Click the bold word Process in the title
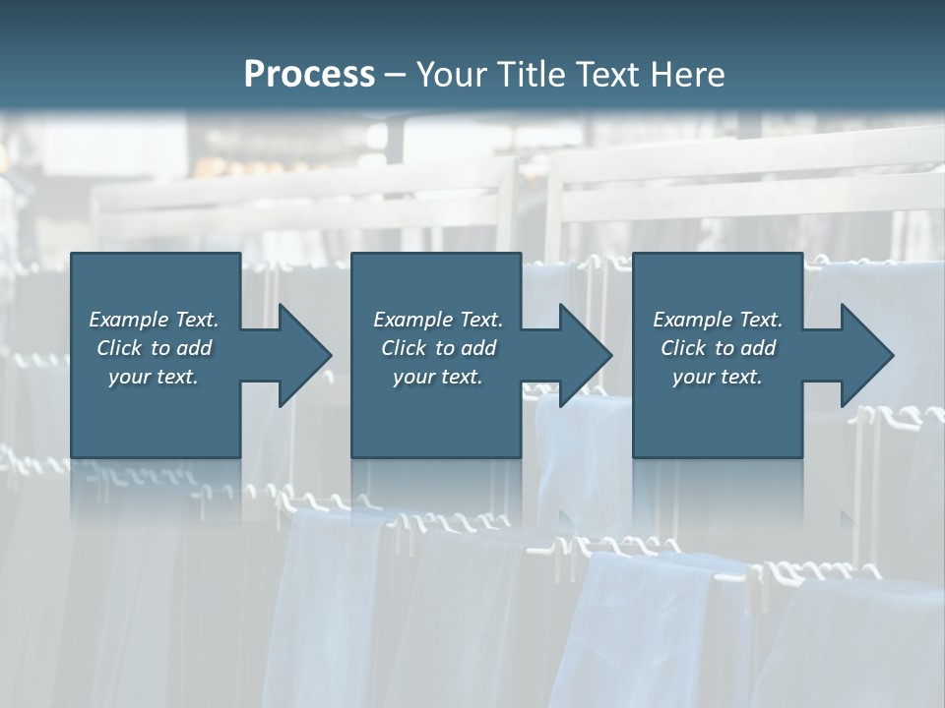click(309, 75)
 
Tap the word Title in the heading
click(533, 75)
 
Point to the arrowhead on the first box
click(305, 355)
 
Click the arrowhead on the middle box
click(586, 355)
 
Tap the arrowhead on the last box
click(867, 355)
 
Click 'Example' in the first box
click(129, 320)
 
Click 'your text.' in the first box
click(154, 377)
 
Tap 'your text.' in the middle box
click(438, 377)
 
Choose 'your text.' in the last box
click(718, 377)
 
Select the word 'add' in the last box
click(759, 348)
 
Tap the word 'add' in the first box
click(195, 348)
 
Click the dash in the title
click(396, 75)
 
